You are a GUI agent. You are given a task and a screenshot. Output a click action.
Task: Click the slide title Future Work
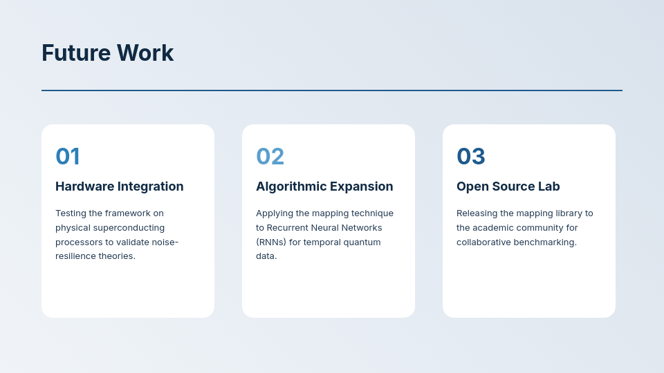pos(107,53)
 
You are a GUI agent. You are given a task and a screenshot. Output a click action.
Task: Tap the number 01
pos(68,156)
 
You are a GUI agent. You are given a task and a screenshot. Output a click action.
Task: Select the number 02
pos(270,156)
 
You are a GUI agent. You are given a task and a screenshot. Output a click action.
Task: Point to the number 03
pos(471,156)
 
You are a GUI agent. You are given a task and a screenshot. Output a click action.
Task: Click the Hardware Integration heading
pos(119,186)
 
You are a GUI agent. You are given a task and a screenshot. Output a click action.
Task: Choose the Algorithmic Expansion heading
pos(324,186)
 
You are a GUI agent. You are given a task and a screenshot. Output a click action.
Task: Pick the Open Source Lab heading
pos(508,186)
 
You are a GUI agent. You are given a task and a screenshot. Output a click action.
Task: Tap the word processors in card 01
pos(79,242)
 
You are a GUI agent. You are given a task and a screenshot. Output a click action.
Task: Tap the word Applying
pos(274,213)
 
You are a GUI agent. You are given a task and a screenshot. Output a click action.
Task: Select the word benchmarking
pos(544,242)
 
